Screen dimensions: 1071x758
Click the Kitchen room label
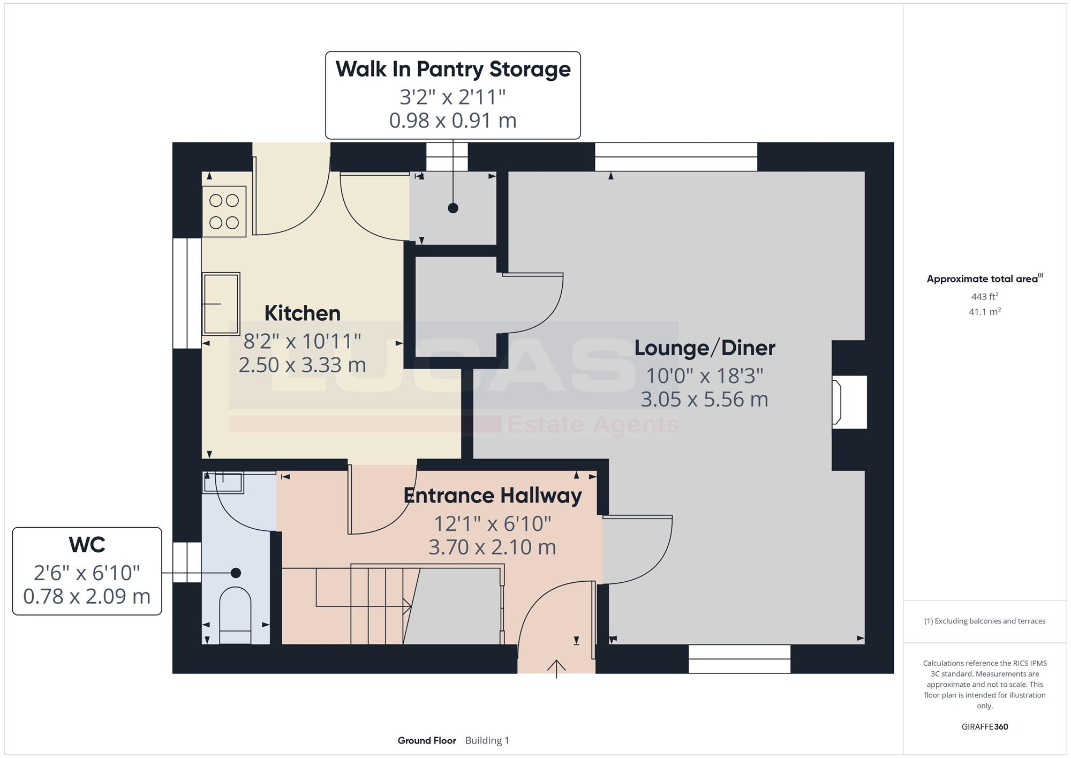[303, 313]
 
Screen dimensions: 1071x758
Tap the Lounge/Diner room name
[705, 348]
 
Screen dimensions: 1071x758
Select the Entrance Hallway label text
[493, 496]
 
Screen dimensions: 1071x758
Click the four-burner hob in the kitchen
[224, 212]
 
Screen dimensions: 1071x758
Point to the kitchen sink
[221, 304]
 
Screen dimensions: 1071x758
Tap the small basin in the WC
[223, 483]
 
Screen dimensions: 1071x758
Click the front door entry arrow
[556, 669]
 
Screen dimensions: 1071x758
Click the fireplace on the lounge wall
[849, 402]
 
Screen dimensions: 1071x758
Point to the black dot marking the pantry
[453, 208]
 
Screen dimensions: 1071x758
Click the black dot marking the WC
[236, 573]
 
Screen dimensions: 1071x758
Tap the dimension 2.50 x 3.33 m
[303, 365]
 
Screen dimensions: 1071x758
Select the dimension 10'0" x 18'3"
[705, 376]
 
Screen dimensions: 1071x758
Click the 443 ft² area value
[985, 296]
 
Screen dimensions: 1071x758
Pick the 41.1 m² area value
[985, 311]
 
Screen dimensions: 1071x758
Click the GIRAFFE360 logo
[985, 727]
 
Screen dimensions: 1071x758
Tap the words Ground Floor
[427, 740]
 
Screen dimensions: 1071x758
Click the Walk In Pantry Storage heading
[453, 70]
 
